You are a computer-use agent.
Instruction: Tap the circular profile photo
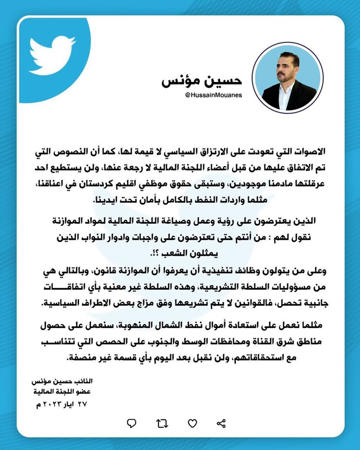point(288,78)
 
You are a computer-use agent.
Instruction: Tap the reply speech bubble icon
point(132,423)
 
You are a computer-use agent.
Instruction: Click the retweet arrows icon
point(162,423)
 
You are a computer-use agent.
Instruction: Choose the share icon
point(221,423)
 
